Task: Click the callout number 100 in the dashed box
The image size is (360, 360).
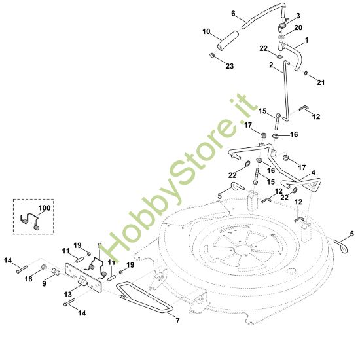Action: click(45, 208)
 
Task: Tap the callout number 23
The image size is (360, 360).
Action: click(230, 66)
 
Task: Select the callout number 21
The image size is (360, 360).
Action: click(321, 82)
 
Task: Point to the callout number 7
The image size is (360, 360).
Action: click(177, 321)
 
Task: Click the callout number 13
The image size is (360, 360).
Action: click(68, 294)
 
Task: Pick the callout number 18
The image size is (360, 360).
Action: click(29, 279)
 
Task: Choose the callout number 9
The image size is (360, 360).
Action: click(44, 283)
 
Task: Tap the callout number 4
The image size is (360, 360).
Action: click(313, 172)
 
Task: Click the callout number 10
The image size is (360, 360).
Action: click(206, 31)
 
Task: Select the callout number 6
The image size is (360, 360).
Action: click(233, 14)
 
